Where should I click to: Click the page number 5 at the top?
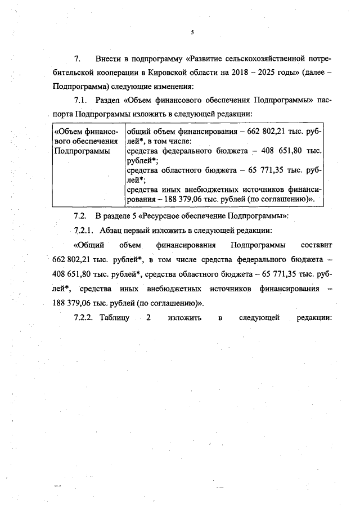coord(192,32)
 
